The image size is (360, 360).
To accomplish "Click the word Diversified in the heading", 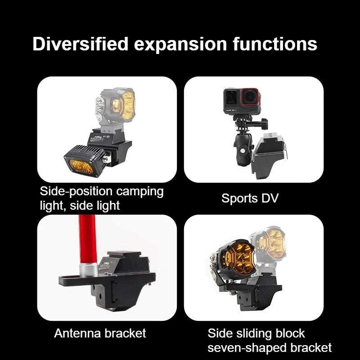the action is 80,44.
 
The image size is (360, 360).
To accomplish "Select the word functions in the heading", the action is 275,44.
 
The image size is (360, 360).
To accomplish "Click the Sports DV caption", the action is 250,198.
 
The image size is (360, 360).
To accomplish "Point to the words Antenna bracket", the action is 100,333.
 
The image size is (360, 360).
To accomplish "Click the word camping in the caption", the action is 139,192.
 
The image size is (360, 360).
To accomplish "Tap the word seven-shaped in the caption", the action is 247,348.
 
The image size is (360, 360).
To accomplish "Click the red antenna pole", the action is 87,239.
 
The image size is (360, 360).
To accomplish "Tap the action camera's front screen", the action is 231,97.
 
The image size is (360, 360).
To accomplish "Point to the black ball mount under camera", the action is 243,149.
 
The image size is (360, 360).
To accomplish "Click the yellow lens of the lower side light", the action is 81,166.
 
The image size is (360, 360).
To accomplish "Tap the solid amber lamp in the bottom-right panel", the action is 235,260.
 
